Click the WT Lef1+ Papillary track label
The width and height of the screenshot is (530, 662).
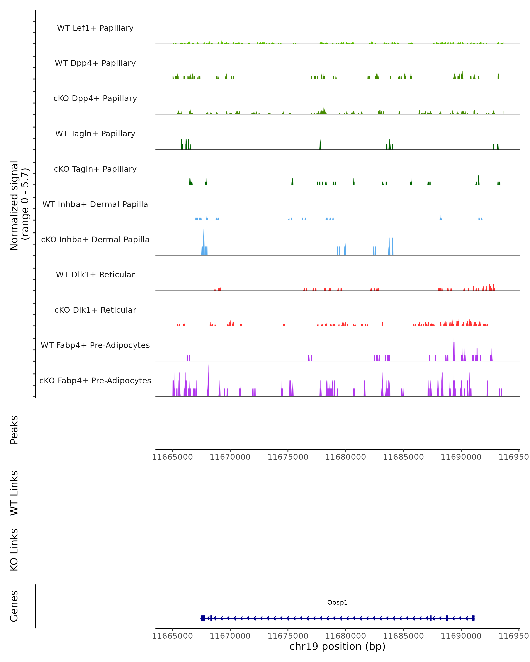pos(95,28)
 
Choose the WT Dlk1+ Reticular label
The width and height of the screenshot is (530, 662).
pos(95,275)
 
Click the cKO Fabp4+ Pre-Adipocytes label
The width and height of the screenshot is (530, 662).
pos(95,380)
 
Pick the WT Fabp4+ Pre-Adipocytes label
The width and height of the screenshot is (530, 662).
pos(95,345)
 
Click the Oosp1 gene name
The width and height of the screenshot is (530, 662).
pos(337,602)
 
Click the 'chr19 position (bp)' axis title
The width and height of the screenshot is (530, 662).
pos(337,646)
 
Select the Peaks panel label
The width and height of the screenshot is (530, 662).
pos(14,430)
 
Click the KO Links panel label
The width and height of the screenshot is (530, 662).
pos(14,550)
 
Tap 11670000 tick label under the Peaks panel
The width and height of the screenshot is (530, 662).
pos(230,457)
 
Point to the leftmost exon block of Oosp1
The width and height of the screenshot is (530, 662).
pos(203,618)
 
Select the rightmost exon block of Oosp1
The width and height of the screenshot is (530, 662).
pos(473,618)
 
